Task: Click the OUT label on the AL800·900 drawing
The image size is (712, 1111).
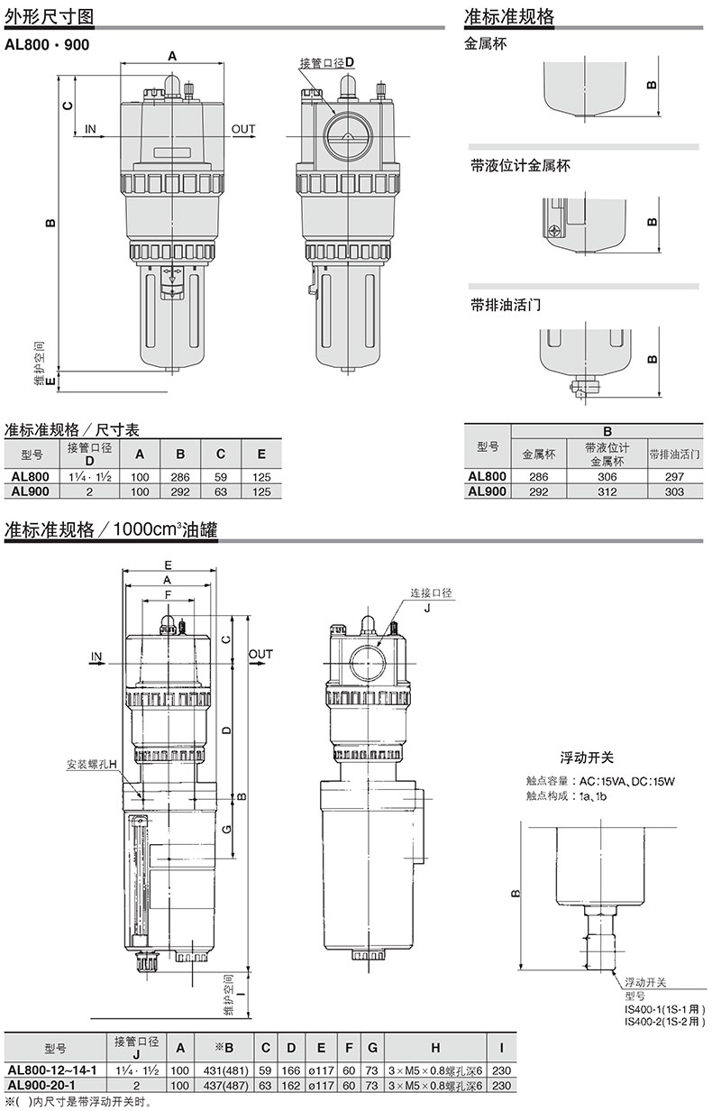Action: (243, 129)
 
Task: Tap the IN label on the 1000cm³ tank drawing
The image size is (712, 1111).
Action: (96, 656)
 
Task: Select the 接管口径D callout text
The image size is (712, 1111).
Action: (327, 63)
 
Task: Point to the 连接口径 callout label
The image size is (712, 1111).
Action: (431, 592)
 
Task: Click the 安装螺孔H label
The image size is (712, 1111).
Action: (92, 765)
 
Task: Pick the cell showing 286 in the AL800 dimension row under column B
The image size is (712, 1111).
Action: (180, 477)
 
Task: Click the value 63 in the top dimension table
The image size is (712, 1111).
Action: (221, 491)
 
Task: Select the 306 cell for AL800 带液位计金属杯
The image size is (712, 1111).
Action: (607, 477)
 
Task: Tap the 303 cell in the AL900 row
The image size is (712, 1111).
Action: (674, 491)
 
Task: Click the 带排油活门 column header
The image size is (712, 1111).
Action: (674, 454)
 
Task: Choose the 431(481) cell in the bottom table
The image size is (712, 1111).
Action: (225, 1070)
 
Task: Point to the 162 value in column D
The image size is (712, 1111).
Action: (291, 1085)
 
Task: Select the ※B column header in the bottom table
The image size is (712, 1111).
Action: (224, 1047)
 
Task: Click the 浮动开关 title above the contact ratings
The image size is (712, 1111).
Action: (587, 757)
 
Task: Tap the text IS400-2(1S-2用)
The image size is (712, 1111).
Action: (664, 1021)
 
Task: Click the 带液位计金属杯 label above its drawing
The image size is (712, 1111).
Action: (520, 166)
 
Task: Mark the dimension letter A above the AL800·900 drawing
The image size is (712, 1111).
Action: (171, 56)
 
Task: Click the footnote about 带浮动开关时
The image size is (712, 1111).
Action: (78, 1102)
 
